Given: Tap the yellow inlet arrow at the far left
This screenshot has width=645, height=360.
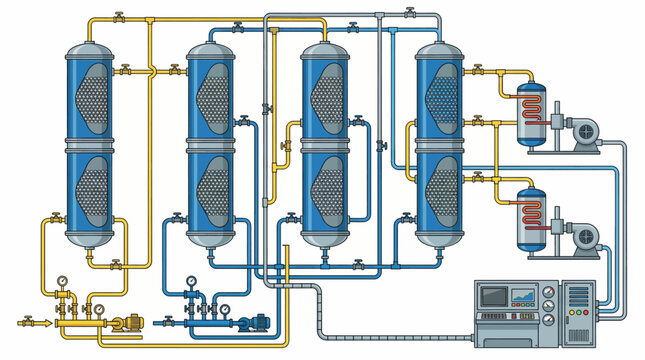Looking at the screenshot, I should tap(26, 323).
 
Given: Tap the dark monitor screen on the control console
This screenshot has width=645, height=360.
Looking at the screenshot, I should tap(494, 296).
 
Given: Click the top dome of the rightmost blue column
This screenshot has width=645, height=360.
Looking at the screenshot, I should tap(441, 50).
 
